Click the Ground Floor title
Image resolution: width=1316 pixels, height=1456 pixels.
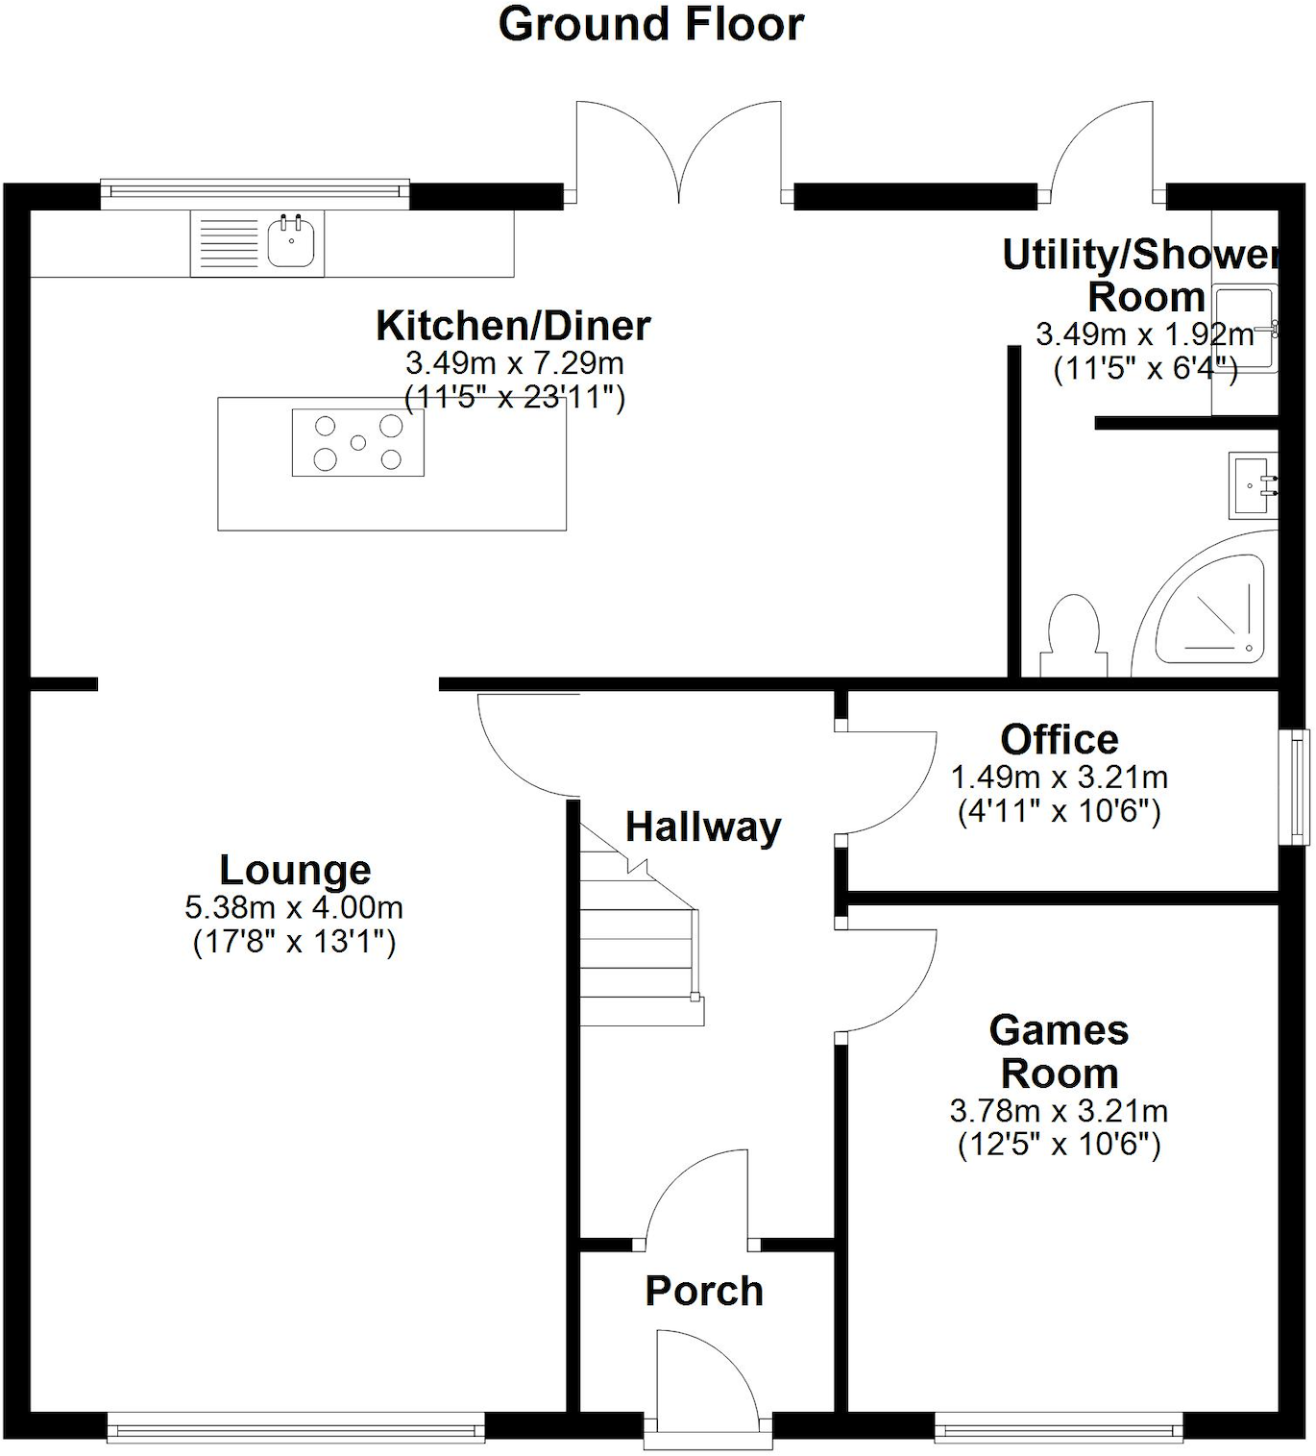650,24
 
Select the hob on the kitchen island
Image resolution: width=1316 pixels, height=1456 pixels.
358,442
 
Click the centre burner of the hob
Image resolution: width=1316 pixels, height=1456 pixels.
358,442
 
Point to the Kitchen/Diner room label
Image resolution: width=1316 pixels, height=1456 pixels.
513,326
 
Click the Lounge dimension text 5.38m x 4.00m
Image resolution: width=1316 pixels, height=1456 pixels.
294,907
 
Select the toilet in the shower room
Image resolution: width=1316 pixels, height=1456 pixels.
1074,636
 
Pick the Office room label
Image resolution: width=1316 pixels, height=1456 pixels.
1060,740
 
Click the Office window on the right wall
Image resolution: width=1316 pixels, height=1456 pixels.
1299,787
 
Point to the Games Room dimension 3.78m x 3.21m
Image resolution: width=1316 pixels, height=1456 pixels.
1059,1111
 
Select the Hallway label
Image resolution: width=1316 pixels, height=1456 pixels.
703,827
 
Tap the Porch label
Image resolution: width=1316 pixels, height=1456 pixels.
704,1291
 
